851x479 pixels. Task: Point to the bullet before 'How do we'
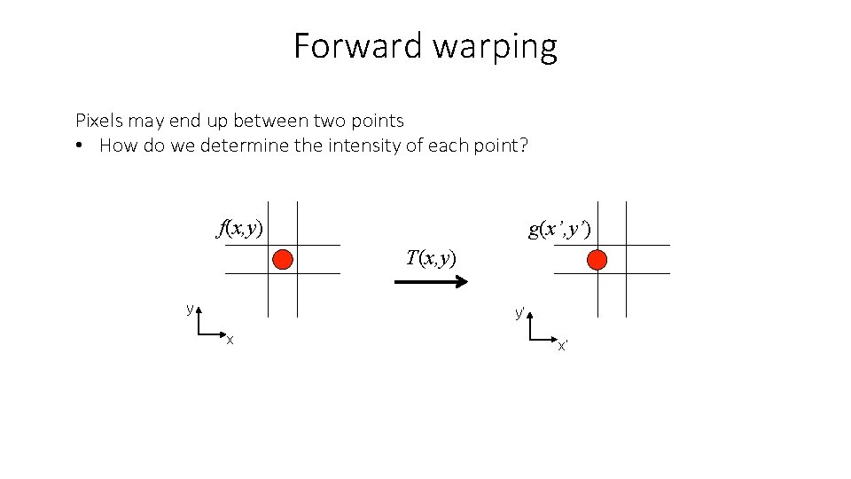80,145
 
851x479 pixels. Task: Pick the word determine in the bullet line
245,145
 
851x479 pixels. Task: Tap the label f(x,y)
240,229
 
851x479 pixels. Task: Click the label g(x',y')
559,230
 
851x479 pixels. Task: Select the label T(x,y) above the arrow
431,258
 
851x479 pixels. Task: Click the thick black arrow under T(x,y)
431,282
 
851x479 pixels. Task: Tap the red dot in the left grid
283,259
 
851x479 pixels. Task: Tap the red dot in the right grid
597,259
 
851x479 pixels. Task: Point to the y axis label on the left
190,309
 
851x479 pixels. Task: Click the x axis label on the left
230,340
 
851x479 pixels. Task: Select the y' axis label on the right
520,313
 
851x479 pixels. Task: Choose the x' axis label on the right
562,345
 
